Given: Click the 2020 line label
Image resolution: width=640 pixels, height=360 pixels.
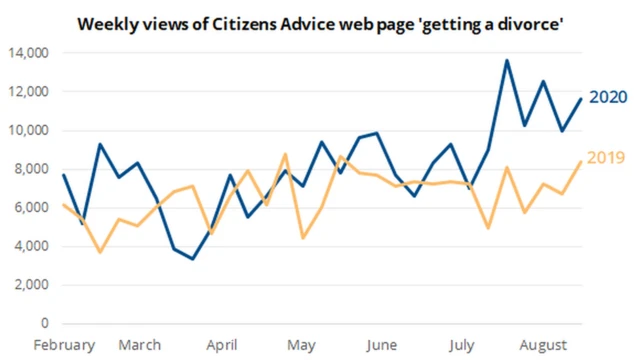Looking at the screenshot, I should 607,97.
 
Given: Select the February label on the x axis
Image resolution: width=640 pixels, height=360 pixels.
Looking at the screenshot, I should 64,345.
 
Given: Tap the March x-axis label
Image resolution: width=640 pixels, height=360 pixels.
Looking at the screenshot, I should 139,345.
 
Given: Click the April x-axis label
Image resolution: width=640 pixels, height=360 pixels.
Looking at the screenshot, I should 222,345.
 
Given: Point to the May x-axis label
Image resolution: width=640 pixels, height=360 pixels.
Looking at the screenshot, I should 301,345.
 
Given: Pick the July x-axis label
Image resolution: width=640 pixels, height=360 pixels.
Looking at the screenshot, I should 462,345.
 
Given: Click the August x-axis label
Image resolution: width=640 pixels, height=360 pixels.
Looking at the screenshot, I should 541,345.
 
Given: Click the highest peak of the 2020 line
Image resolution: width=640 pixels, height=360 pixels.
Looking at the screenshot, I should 507,60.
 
